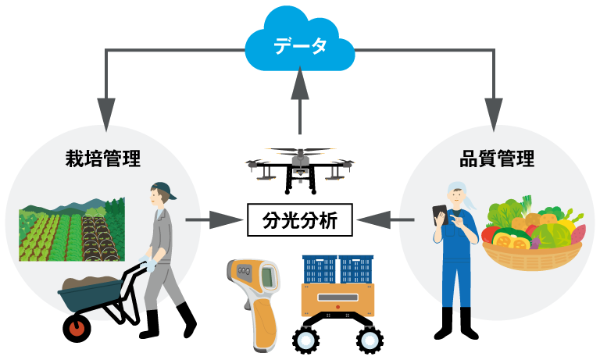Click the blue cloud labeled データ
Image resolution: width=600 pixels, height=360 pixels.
pos(300,43)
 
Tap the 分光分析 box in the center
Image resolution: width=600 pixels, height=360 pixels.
pos(300,220)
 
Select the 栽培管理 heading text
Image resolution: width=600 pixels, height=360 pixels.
pos(103,159)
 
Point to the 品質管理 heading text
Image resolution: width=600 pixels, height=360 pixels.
pos(497,159)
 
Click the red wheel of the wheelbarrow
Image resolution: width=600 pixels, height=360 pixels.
pos(77,328)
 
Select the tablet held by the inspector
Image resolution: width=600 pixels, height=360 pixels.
pos(440,214)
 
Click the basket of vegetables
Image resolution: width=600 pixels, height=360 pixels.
pos(533,233)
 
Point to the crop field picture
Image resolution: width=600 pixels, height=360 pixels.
pos(72,230)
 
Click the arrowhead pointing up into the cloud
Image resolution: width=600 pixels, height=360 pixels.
pos(300,83)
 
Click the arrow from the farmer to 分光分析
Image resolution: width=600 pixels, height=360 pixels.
pos(214,220)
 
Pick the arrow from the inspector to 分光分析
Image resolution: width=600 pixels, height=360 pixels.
pos(385,220)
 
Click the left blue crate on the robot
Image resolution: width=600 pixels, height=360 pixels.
pos(320,269)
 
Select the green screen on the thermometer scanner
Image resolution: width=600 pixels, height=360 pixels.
pos(267,277)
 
